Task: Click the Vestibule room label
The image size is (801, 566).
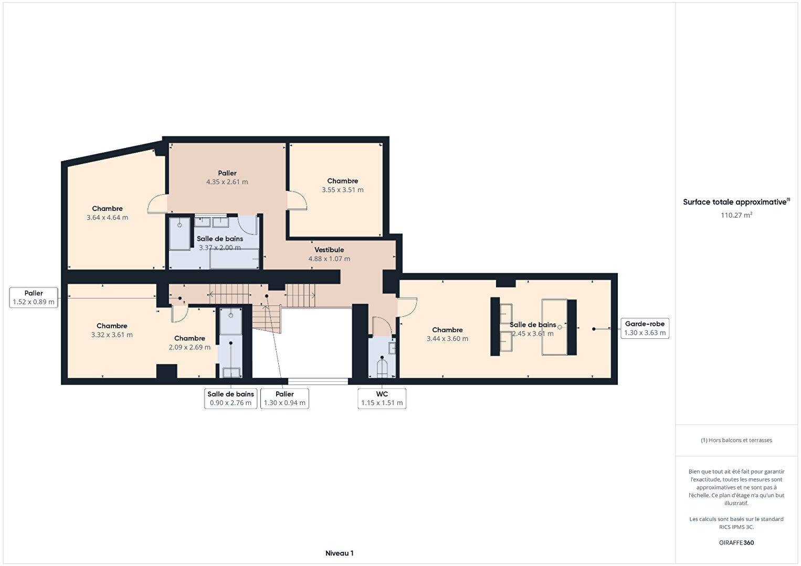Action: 329,250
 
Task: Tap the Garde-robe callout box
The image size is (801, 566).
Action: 645,328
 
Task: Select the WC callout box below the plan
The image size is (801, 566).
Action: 382,399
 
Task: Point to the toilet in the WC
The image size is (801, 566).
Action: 382,368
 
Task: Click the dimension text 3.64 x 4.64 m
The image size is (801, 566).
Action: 107,217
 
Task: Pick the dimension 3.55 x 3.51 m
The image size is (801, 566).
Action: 343,190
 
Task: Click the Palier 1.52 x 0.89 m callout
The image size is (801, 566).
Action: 34,297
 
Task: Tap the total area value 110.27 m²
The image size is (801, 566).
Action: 736,215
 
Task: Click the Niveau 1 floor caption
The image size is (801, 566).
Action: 340,553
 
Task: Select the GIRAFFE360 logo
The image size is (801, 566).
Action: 736,542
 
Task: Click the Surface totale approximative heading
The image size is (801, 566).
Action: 736,202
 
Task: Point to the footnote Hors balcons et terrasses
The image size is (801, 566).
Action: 736,440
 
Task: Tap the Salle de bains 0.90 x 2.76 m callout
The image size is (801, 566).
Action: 230,399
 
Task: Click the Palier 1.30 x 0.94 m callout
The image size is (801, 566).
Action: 284,399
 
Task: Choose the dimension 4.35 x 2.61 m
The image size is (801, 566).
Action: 227,181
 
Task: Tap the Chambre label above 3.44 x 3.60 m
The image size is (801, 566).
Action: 447,330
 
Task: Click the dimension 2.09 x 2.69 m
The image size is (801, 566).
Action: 189,347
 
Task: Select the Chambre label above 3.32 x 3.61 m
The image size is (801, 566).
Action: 112,326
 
